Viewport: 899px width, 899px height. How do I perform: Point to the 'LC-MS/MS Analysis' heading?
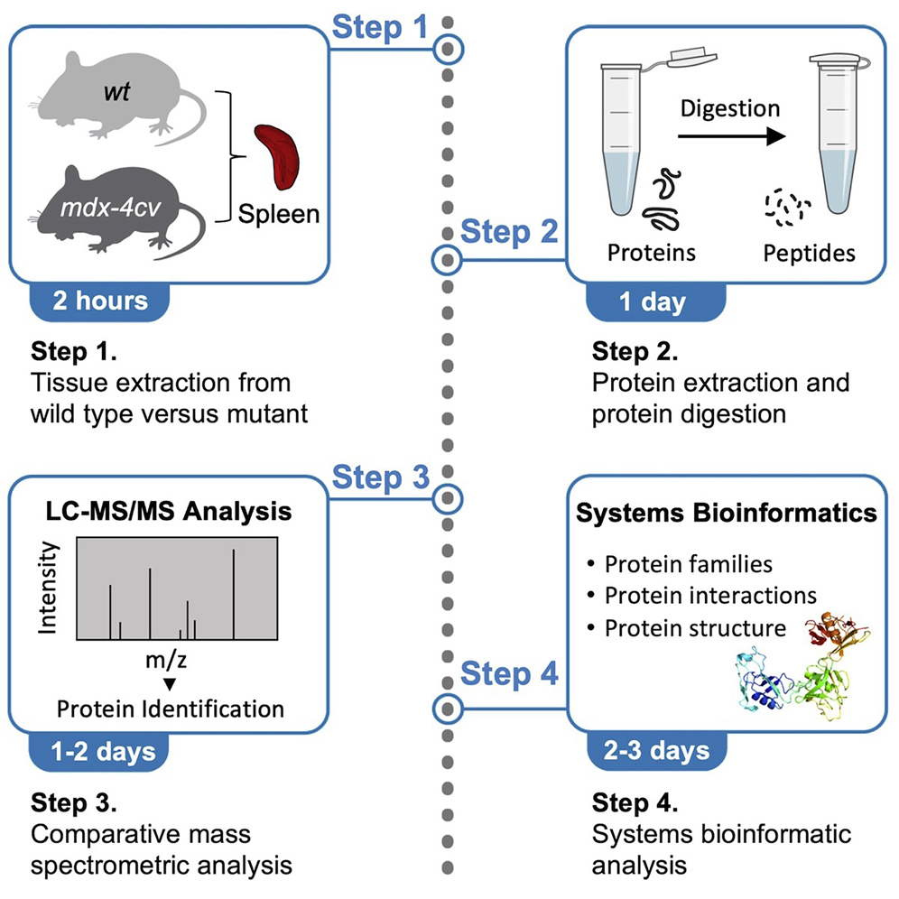click(170, 512)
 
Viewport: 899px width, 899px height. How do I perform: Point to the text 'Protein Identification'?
click(170, 708)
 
